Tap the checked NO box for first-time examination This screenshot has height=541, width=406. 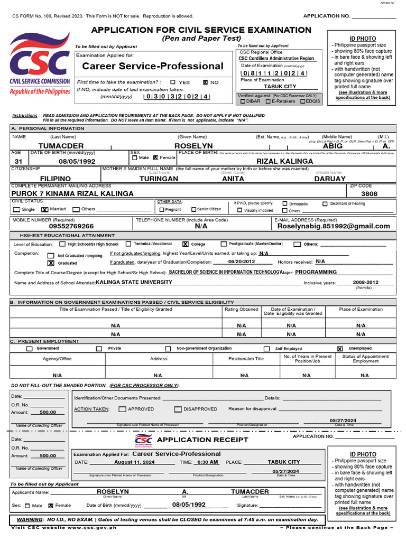(x=206, y=82)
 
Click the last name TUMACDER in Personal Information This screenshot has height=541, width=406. (x=61, y=146)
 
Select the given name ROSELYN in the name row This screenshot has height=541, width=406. (x=193, y=146)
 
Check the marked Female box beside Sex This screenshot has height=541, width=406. (x=155, y=157)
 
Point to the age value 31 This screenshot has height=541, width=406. (x=19, y=161)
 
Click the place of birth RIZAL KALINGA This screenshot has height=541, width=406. (x=284, y=161)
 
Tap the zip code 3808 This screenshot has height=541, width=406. (x=369, y=194)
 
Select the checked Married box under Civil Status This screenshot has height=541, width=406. (x=44, y=209)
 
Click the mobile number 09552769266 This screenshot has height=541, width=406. (x=71, y=226)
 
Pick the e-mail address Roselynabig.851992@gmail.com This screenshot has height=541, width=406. (x=334, y=226)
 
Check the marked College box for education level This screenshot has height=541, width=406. (x=185, y=244)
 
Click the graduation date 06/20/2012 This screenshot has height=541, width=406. (x=242, y=262)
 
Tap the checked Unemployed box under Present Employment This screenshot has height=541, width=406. (x=340, y=349)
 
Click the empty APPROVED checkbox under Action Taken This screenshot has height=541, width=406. (x=122, y=409)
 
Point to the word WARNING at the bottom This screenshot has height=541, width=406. (x=29, y=519)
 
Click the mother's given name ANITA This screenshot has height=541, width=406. (x=233, y=179)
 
